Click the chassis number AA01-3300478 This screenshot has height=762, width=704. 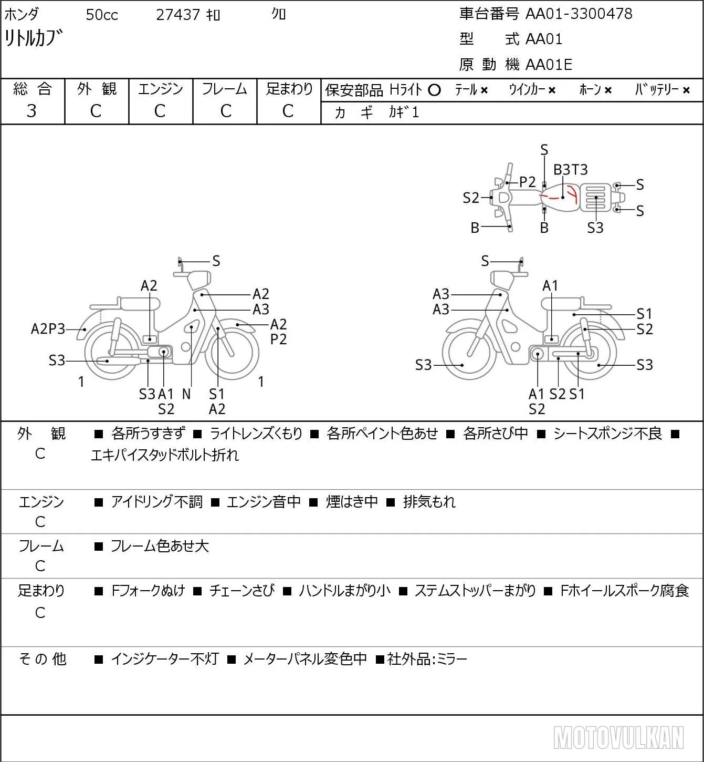(579, 14)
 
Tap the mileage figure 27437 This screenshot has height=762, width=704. (178, 15)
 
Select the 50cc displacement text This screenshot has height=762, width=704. (102, 15)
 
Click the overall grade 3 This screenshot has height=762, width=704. (31, 111)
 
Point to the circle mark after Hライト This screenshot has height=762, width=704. (434, 90)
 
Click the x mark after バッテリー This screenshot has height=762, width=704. (686, 90)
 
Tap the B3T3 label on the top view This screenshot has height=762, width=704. (570, 169)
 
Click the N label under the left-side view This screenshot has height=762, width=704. (186, 394)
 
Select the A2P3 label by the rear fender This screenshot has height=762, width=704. (48, 329)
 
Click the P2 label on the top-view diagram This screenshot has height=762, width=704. (527, 182)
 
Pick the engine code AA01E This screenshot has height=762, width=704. (549, 65)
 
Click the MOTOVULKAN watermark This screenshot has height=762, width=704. (618, 737)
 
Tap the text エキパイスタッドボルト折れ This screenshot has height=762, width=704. (165, 455)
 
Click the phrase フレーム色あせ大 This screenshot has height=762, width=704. (160, 546)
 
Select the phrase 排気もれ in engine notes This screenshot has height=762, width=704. (429, 502)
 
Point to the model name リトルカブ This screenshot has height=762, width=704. (33, 38)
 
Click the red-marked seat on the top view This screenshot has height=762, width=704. (561, 198)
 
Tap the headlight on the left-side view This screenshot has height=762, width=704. (199, 280)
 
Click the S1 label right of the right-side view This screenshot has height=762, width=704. (644, 314)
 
